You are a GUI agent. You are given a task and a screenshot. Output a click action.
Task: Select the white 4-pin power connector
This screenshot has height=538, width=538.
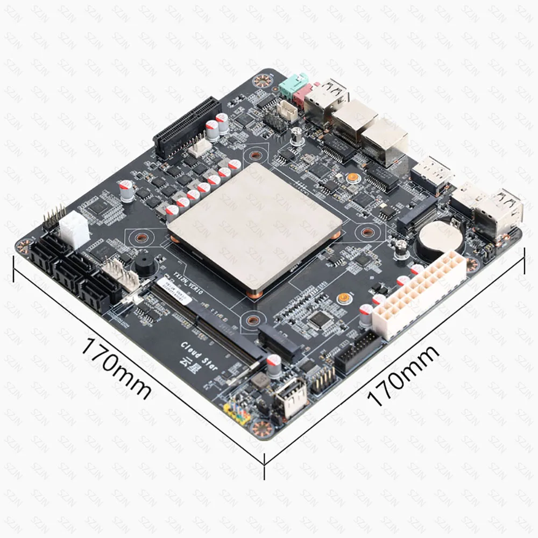coord(74,228)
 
